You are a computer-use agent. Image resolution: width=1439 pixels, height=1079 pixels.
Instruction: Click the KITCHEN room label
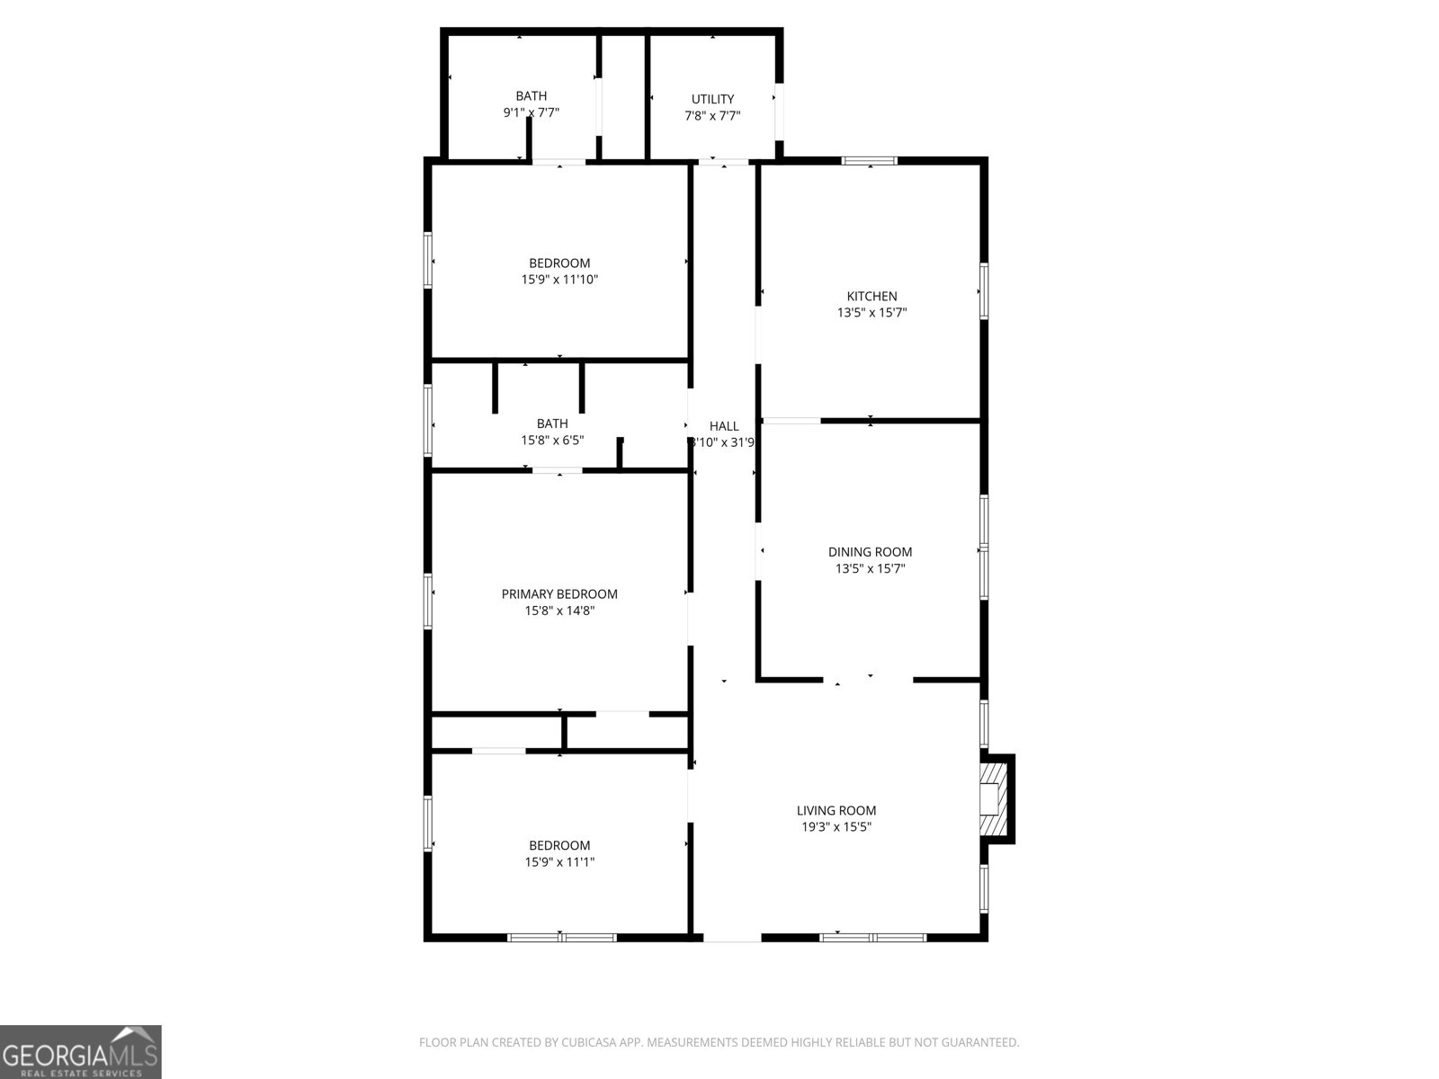[x=871, y=296]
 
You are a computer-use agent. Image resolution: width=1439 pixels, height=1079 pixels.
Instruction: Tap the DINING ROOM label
[x=870, y=552]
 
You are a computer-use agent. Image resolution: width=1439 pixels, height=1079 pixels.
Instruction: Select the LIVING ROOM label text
[x=836, y=810]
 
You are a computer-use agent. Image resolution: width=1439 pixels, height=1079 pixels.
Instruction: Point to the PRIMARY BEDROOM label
[x=559, y=593]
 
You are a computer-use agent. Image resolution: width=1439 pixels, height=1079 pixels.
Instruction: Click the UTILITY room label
[x=712, y=99]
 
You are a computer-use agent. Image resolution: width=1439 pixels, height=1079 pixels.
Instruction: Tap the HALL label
[x=724, y=425]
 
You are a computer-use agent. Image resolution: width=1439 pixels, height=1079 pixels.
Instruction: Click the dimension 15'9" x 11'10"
[x=559, y=280]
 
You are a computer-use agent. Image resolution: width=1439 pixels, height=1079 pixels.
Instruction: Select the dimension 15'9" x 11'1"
[x=559, y=862]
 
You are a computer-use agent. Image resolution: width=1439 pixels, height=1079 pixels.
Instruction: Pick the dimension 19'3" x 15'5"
[x=836, y=827]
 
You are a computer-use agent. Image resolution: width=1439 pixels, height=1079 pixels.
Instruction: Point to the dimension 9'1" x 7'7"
[x=531, y=112]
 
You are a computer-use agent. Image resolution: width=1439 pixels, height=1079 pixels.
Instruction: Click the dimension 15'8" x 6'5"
[x=552, y=441]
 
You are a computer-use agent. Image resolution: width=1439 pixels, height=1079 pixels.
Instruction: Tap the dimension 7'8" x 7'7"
[x=712, y=115]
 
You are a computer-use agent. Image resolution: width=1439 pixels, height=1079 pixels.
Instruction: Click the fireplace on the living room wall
[x=993, y=798]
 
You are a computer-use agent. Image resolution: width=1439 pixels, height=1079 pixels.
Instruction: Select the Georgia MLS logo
[x=81, y=1051]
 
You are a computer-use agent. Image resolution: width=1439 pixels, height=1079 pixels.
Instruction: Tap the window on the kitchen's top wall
[x=870, y=161]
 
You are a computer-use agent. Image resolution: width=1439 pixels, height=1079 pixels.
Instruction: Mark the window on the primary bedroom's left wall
[x=428, y=600]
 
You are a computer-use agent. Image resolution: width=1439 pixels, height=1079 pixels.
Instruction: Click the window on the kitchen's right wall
[x=984, y=290]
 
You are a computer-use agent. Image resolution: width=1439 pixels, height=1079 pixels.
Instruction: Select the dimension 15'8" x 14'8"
[x=559, y=611]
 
